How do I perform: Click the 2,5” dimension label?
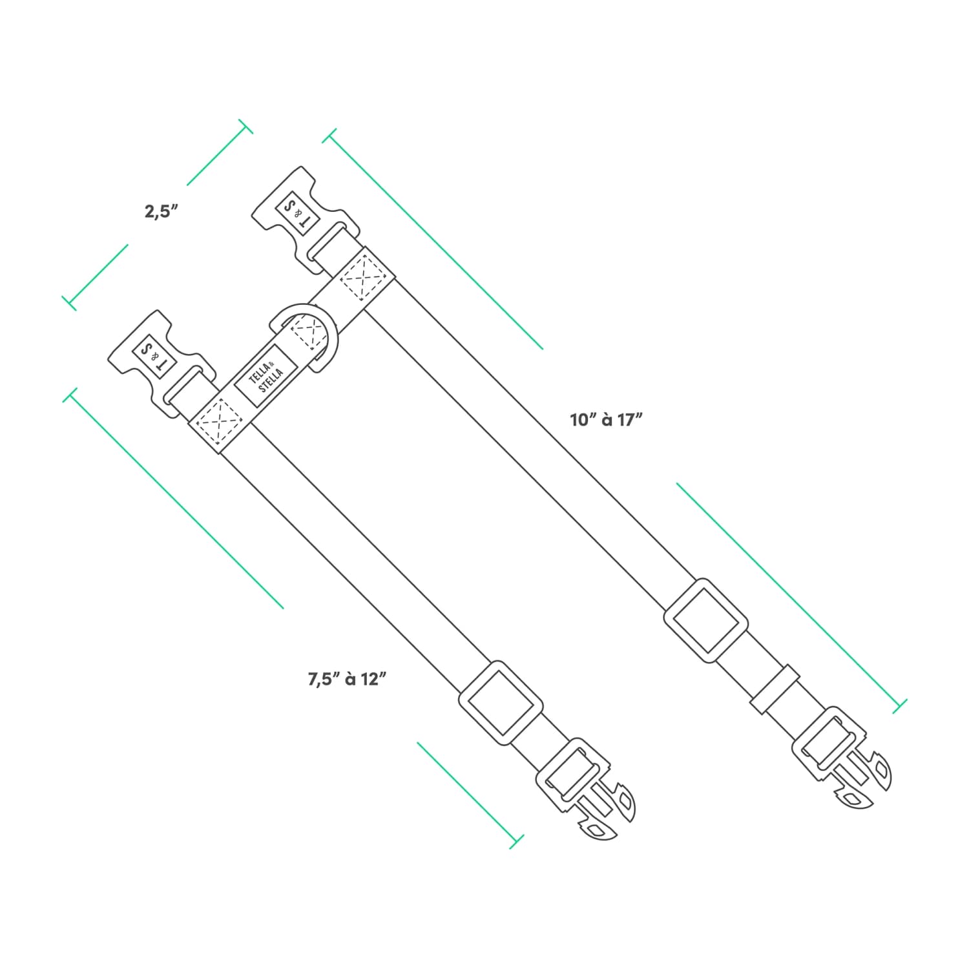click(161, 211)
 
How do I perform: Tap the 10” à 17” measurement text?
click(607, 420)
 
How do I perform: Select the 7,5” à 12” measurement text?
click(348, 679)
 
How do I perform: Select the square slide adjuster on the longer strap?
click(706, 620)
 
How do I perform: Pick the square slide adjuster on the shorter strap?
click(500, 702)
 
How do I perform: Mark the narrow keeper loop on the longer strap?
click(775, 689)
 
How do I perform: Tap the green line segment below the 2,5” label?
click(98, 275)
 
